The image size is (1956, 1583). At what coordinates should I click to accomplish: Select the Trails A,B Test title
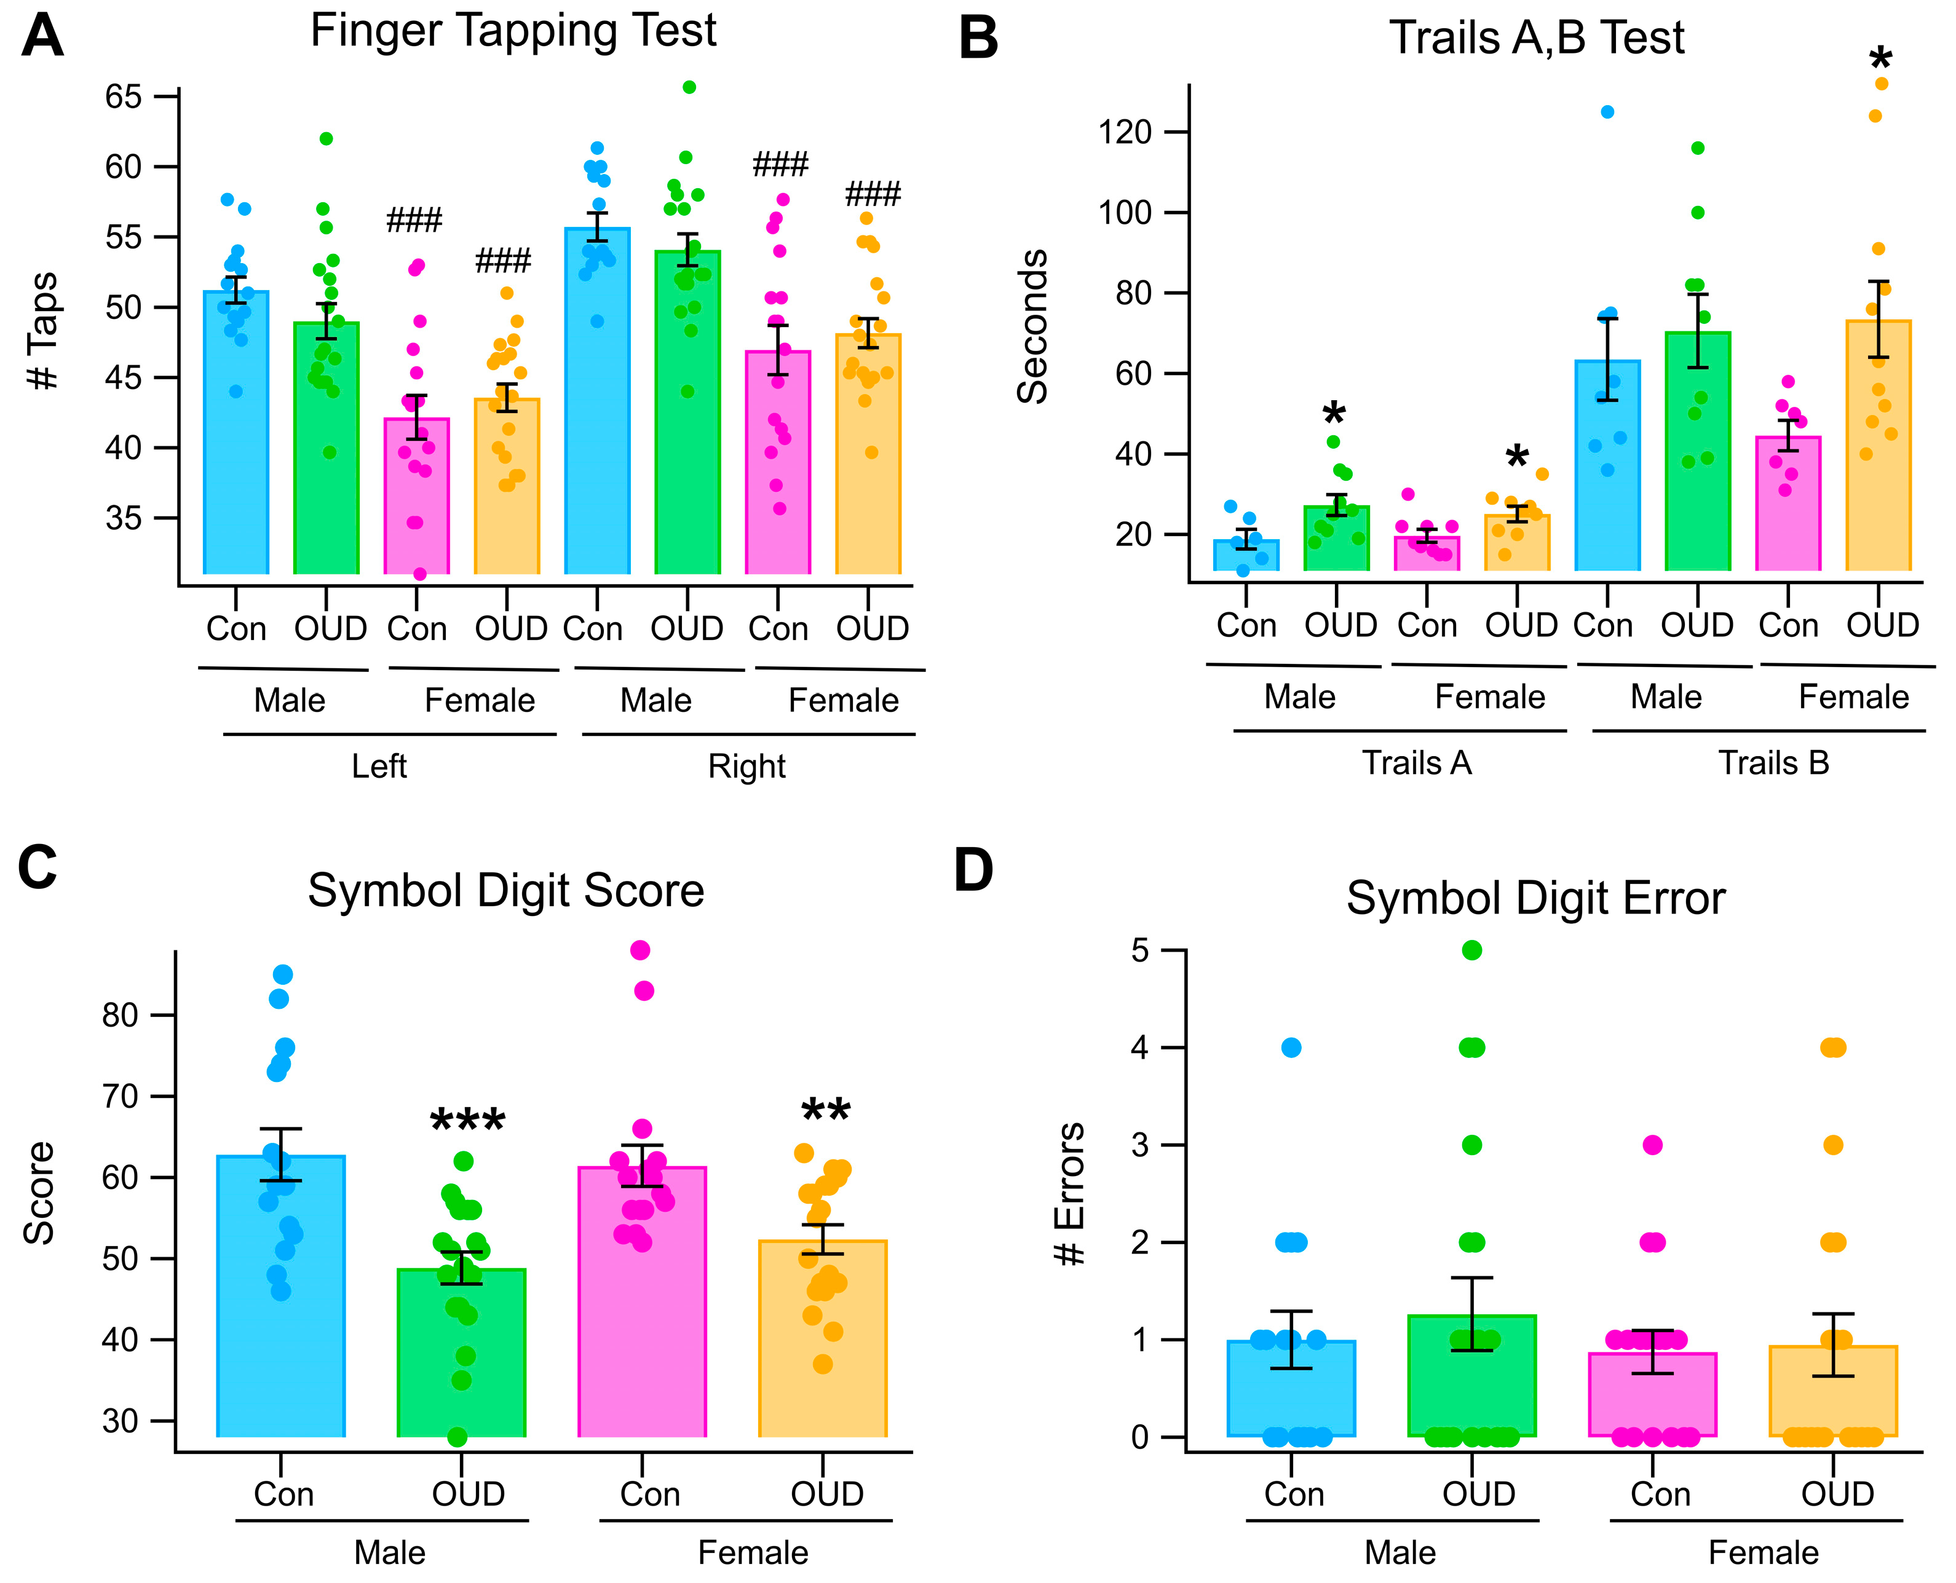tap(1537, 38)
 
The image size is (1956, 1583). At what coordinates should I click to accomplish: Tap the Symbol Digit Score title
tap(505, 891)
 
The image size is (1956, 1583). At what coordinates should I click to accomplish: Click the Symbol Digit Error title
tap(1535, 898)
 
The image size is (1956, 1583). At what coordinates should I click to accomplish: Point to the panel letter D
tap(973, 871)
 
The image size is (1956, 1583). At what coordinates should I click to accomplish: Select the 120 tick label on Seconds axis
tap(1125, 132)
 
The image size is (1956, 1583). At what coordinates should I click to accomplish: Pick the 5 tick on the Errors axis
tap(1140, 951)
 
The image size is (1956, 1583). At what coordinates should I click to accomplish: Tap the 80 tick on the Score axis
tap(119, 1015)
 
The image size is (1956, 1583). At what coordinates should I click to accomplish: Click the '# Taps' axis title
tap(43, 331)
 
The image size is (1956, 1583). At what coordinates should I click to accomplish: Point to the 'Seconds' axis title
tap(1032, 326)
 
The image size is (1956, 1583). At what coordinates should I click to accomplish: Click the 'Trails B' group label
tap(1773, 764)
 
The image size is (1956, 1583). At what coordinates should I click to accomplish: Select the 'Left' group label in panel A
tap(379, 766)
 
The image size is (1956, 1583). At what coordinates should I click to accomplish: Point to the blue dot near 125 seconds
tap(1608, 112)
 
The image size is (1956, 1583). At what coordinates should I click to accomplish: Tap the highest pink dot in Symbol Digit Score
tap(640, 951)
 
